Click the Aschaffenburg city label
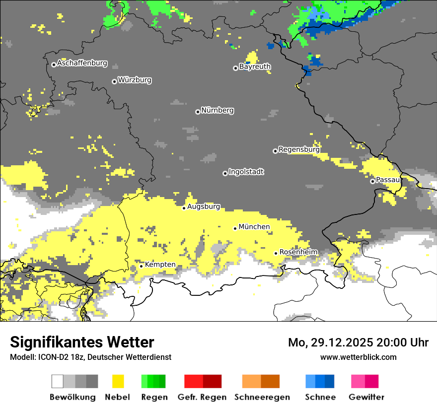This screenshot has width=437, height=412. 82,63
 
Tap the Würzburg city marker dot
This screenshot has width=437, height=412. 114,81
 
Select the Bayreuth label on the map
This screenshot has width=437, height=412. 255,67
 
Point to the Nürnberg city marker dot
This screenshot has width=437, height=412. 198,112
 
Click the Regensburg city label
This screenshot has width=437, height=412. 299,149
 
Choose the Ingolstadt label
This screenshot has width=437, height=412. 246,172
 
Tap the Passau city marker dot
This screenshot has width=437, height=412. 372,181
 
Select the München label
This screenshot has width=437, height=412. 254,227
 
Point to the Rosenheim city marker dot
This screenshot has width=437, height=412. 276,253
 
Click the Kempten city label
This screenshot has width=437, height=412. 160,265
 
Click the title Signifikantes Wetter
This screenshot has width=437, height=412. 82,343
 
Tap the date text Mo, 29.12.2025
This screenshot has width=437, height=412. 331,343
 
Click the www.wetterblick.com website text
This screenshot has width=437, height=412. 358,357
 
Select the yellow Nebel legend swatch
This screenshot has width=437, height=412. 118,381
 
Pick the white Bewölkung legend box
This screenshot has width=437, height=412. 58,381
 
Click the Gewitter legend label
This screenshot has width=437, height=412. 366,397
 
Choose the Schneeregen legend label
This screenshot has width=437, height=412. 262,397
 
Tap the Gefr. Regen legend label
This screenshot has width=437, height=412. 202,397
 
